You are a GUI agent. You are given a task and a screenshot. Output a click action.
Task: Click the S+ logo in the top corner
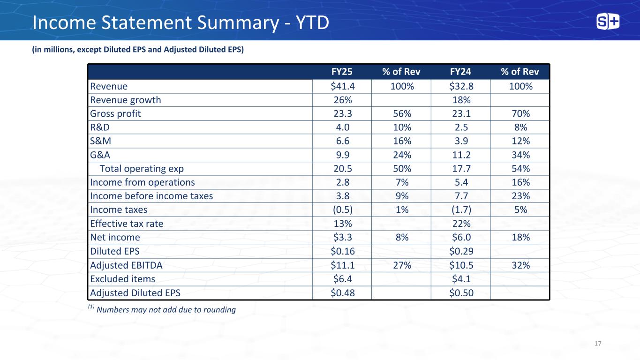click(608, 22)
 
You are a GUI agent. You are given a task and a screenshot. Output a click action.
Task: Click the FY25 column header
click(342, 71)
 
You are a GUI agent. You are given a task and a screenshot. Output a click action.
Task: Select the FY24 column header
click(460, 71)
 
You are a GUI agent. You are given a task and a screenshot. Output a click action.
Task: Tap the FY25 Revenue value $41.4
click(343, 86)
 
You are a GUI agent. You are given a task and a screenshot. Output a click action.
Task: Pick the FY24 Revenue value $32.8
click(461, 86)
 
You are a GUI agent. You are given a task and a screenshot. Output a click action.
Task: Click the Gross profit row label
click(115, 114)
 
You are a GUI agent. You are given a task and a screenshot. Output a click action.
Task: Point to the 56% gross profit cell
click(402, 114)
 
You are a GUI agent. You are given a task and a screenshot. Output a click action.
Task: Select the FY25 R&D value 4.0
click(343, 127)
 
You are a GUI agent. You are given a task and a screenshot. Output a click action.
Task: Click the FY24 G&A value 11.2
click(461, 155)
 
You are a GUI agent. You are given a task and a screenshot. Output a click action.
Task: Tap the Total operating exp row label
click(142, 169)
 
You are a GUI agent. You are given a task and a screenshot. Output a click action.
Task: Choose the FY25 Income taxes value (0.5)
click(343, 210)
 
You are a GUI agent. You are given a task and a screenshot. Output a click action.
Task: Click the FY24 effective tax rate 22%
click(461, 224)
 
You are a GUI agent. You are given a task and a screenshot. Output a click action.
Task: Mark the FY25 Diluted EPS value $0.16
click(343, 251)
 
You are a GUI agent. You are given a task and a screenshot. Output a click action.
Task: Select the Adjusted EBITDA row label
click(126, 265)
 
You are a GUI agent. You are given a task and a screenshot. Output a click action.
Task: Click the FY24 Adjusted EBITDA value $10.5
click(461, 265)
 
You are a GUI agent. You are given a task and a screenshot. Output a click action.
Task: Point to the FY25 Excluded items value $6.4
click(343, 279)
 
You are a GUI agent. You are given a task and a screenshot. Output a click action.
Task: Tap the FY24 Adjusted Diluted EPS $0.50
click(461, 293)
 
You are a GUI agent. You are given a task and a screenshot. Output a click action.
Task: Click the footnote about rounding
click(162, 309)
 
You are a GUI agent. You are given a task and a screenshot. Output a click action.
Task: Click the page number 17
click(598, 344)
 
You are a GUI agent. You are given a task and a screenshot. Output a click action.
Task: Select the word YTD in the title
click(312, 22)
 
